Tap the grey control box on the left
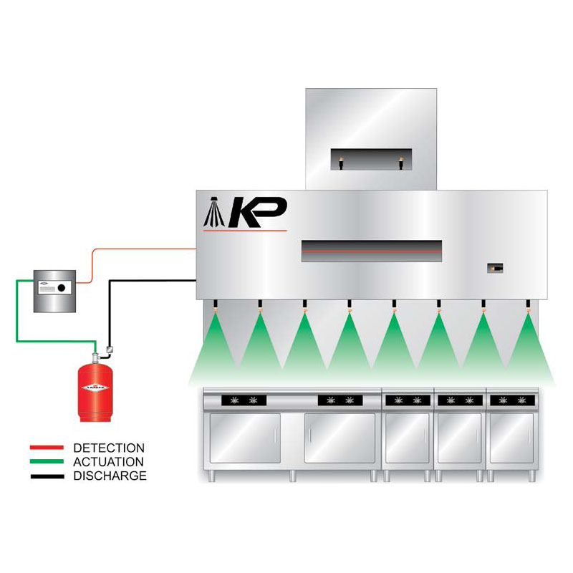pyautogui.click(x=54, y=290)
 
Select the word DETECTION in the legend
pyautogui.click(x=109, y=448)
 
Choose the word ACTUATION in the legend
pyautogui.click(x=109, y=462)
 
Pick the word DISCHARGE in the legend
pyautogui.click(x=110, y=476)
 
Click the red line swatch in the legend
pyautogui.click(x=47, y=448)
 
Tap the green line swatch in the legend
pyautogui.click(x=47, y=462)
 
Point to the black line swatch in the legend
pyautogui.click(x=47, y=476)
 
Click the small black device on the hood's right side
pyautogui.click(x=494, y=267)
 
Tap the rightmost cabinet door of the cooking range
pyautogui.click(x=511, y=438)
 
